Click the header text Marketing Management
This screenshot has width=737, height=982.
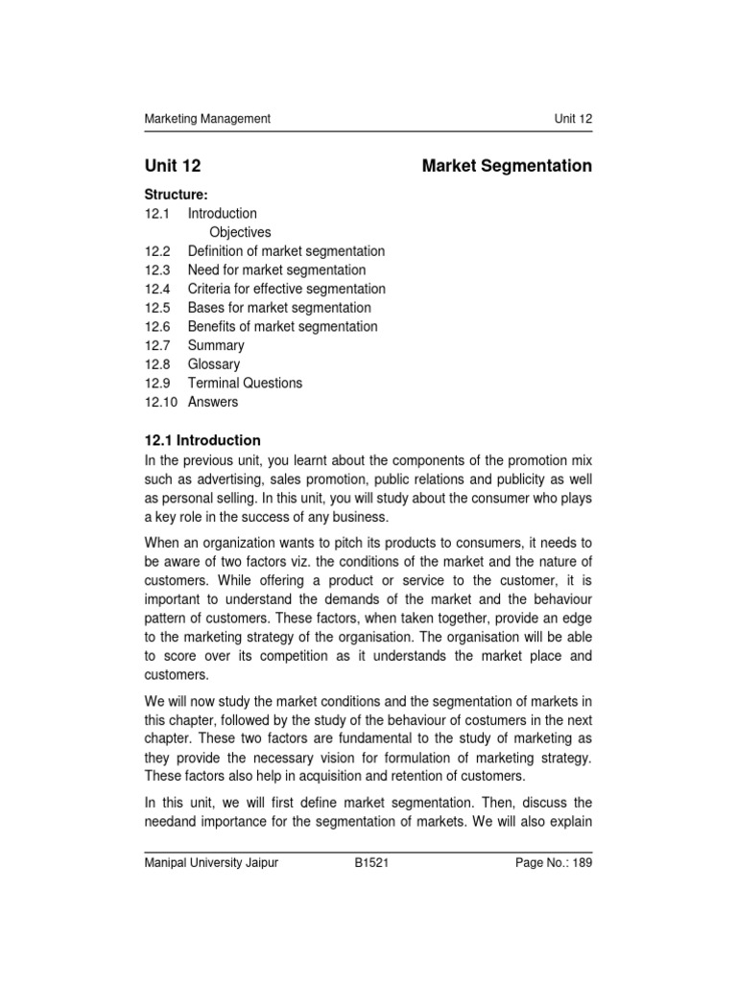point(207,119)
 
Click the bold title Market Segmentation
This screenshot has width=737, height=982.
point(507,166)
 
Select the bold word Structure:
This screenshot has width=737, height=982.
point(176,195)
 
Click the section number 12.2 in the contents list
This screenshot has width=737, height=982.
point(156,251)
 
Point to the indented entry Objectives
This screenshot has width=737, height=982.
point(240,232)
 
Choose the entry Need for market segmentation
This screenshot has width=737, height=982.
point(276,270)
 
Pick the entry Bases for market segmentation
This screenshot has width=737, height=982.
point(279,308)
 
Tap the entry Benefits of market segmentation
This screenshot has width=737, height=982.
point(282,327)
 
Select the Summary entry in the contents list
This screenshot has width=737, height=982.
point(216,345)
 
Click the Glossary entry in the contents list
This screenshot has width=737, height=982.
point(214,364)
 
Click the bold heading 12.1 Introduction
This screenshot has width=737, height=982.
point(202,440)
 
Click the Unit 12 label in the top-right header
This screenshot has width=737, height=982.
point(573,119)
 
